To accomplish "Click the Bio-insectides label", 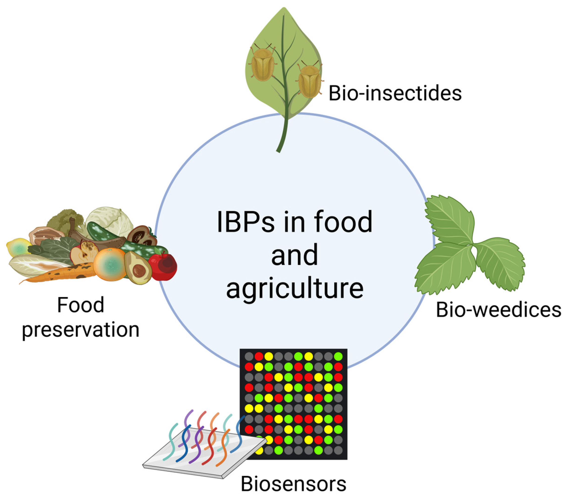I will [395, 94].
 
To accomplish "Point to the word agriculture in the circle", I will [295, 288].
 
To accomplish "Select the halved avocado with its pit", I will [137, 268].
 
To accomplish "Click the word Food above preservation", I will [80, 305].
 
